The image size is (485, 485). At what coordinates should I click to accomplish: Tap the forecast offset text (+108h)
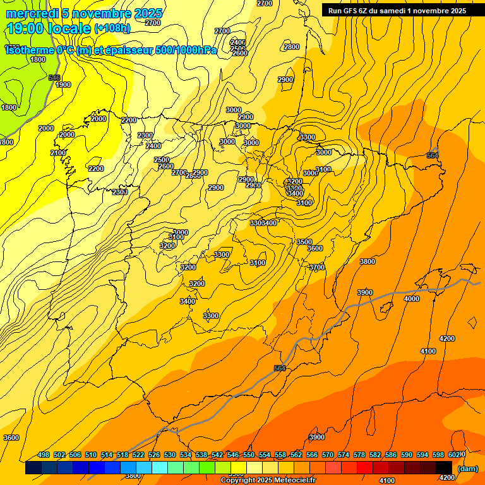112,28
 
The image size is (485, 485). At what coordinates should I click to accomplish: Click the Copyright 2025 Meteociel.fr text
268,481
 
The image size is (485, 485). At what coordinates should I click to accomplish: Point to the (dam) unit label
467,468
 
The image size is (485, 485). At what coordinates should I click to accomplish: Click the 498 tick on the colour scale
44,455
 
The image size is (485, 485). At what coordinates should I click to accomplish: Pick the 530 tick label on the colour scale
170,455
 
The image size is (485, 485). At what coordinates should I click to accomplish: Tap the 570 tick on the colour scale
328,455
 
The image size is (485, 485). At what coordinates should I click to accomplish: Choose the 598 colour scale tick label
438,455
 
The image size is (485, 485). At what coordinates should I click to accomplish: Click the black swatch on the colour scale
444,468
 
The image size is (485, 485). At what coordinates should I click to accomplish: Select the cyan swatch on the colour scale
160,468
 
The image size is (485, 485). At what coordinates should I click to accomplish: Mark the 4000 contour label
411,299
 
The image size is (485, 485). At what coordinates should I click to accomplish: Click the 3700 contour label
317,267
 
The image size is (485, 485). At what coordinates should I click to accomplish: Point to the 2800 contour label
292,47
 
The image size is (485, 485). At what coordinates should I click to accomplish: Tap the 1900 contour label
63,85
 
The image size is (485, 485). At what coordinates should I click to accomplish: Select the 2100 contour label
58,153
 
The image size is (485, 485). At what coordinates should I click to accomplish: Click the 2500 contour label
162,160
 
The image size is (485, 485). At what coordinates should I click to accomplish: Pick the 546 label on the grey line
54,78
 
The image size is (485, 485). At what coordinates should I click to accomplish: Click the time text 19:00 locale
49,28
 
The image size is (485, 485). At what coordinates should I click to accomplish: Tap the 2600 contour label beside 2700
166,166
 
